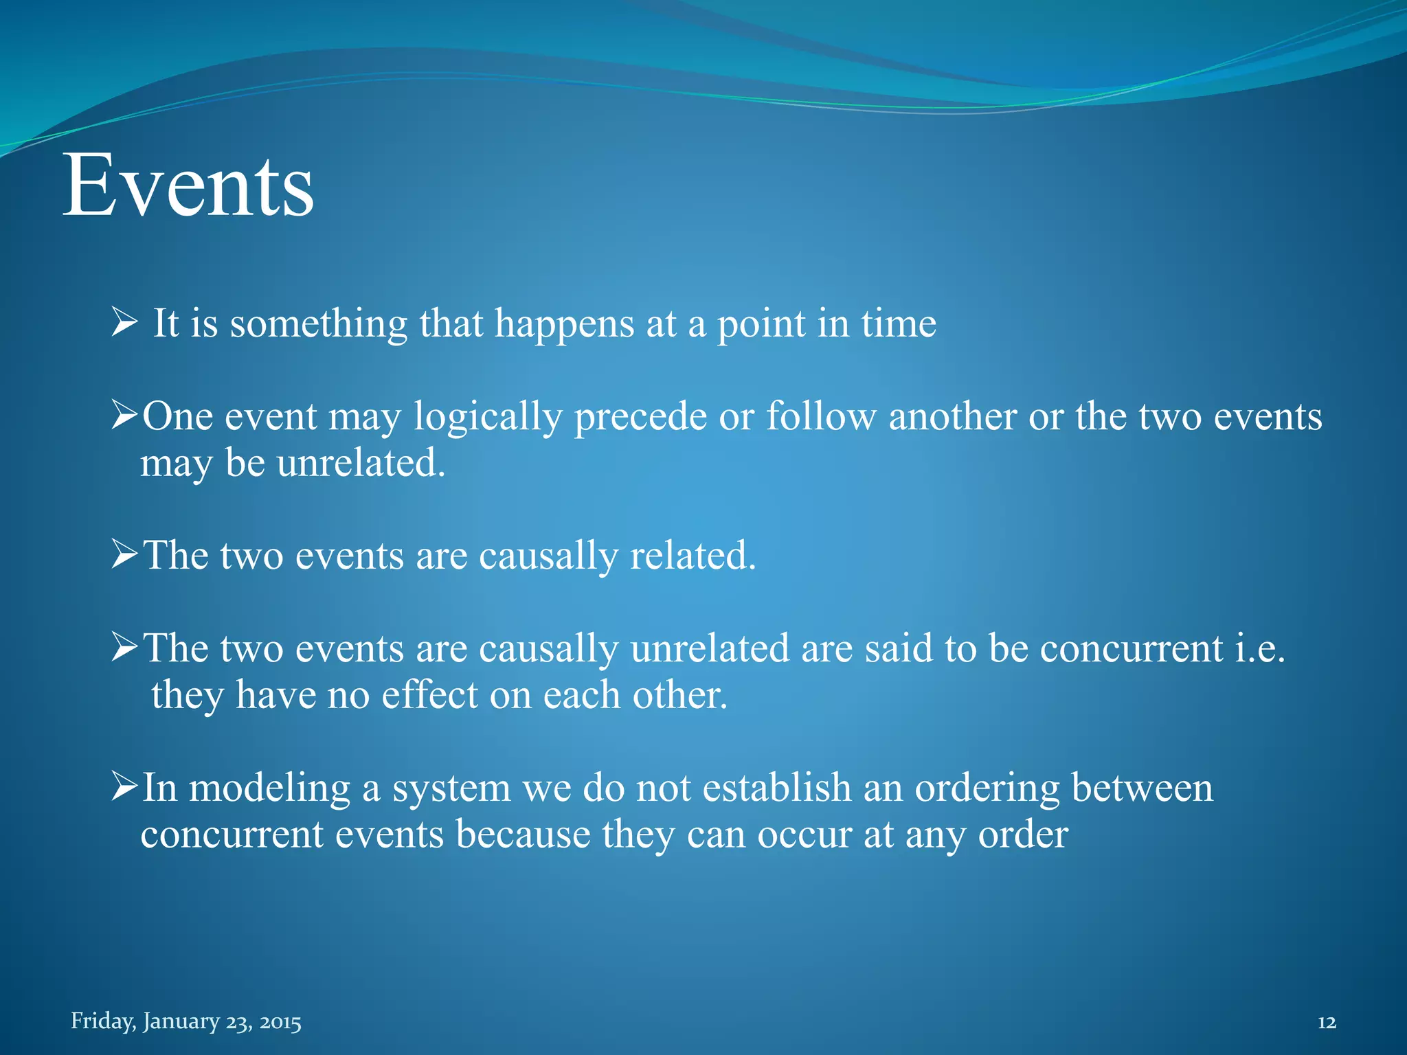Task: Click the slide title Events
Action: click(188, 185)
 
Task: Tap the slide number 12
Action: click(1327, 1023)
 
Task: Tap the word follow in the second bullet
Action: click(821, 416)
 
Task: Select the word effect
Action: click(429, 694)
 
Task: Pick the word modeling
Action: click(269, 788)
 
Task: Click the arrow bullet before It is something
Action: click(124, 322)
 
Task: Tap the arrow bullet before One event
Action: click(124, 416)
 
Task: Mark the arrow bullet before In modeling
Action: click(124, 787)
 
